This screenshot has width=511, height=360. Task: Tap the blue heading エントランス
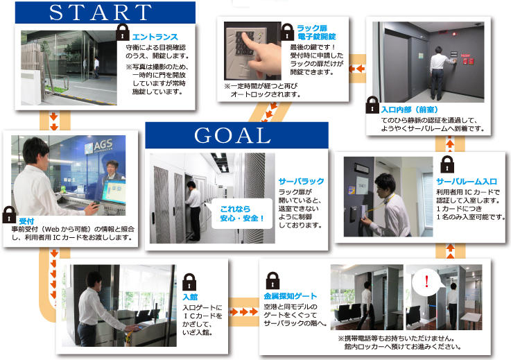pyautogui.click(x=155, y=37)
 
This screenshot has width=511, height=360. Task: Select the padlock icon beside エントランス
pyautogui.click(x=123, y=32)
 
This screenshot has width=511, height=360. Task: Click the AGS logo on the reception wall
pyautogui.click(x=99, y=146)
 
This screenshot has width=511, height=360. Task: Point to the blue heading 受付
pyautogui.click(x=27, y=221)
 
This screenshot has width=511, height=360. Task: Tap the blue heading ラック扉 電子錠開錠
pyautogui.click(x=316, y=33)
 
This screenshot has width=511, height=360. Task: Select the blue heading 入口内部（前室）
pyautogui.click(x=409, y=110)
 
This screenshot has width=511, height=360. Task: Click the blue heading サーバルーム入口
pyautogui.click(x=467, y=182)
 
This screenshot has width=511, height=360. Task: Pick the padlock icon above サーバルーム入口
pyautogui.click(x=447, y=164)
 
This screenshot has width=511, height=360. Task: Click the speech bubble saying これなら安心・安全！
pyautogui.click(x=241, y=214)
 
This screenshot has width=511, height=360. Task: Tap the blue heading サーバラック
pyautogui.click(x=301, y=181)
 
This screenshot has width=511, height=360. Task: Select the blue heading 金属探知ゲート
pyautogui.click(x=290, y=296)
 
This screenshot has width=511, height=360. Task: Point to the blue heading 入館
pyautogui.click(x=190, y=297)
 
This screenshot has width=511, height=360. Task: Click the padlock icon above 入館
pyautogui.click(x=189, y=282)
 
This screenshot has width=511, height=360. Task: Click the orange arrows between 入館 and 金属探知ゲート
pyautogui.click(x=244, y=312)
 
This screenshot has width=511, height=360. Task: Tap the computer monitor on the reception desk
pyautogui.click(x=114, y=191)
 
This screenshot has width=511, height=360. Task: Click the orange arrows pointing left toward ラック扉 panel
pyautogui.click(x=356, y=69)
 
